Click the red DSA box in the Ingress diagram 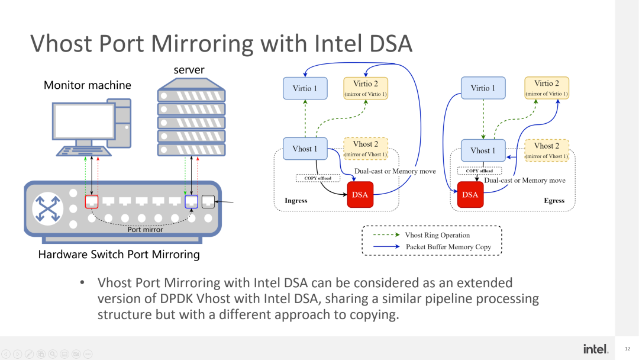360,195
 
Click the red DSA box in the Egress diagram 470,195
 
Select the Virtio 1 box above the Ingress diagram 305,89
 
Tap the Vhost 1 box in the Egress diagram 483,150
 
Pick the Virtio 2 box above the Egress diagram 546,88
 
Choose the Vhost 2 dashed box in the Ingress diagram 366,149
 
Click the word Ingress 296,201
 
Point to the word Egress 554,201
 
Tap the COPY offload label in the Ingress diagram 318,178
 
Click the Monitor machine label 88,85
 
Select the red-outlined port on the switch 91,201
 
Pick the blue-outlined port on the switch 191,201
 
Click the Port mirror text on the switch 145,230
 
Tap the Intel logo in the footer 595,349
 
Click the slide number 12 627,349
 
